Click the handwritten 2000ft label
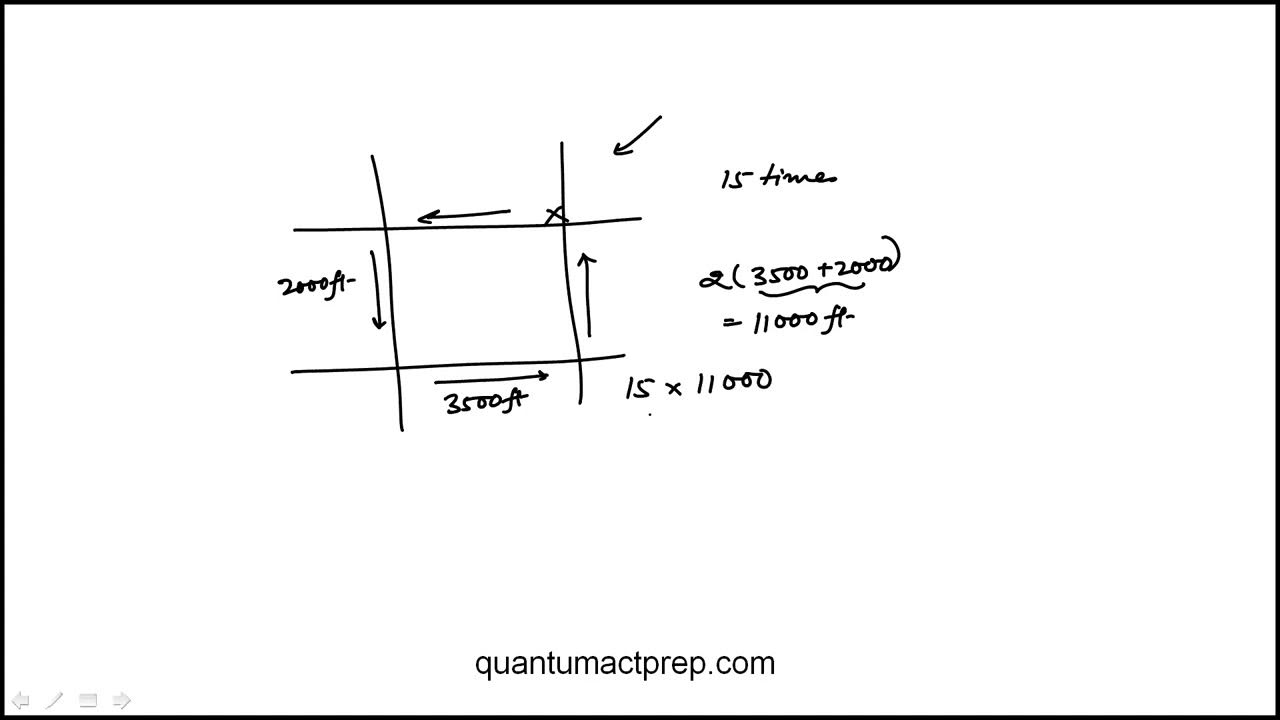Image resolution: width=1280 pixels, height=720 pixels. click(x=315, y=286)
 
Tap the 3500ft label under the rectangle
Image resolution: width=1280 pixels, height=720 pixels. click(x=485, y=402)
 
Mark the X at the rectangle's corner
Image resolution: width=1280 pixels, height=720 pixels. click(x=556, y=215)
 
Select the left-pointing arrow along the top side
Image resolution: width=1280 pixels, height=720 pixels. click(x=464, y=215)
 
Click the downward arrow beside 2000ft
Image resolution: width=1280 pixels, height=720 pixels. click(x=377, y=290)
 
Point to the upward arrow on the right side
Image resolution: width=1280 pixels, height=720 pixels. click(x=588, y=295)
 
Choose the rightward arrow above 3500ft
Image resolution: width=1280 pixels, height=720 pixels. click(x=491, y=378)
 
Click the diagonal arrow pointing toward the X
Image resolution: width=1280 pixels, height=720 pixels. click(x=637, y=135)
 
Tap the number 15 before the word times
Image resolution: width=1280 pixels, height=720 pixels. click(x=735, y=179)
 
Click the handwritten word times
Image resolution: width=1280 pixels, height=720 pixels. click(x=799, y=178)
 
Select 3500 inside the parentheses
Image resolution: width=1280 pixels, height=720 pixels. click(x=780, y=274)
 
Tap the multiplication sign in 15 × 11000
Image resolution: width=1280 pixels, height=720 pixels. click(x=674, y=388)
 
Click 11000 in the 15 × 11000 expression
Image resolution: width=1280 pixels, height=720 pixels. click(x=733, y=382)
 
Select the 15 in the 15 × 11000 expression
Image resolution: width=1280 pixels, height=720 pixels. click(x=638, y=388)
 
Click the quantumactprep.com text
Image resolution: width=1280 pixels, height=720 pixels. click(x=625, y=664)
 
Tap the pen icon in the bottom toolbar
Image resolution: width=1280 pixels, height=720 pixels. click(x=54, y=700)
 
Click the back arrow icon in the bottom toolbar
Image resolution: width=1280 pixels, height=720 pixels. click(x=19, y=700)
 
